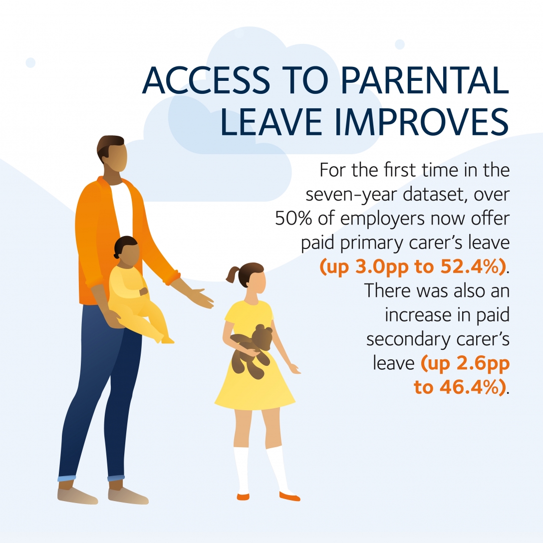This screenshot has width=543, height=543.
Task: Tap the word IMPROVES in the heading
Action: pos(422,122)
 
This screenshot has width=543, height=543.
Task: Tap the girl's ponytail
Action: pos(233,274)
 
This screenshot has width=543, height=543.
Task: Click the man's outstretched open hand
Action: pos(199,297)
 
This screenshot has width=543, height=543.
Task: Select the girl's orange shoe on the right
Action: pos(289,497)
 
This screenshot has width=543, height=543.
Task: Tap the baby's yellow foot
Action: pos(168,340)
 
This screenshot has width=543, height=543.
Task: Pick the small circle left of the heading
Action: pos(30,63)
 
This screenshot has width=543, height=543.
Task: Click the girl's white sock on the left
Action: pos(242,470)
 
